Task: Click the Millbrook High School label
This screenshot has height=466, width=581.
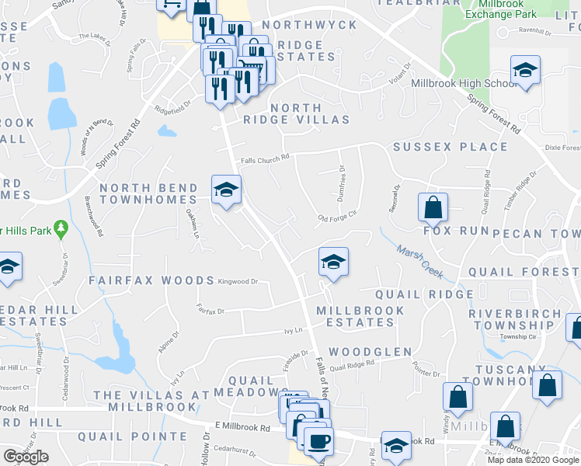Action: pyautogui.click(x=464, y=83)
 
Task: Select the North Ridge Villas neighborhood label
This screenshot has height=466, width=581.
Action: pyautogui.click(x=296, y=113)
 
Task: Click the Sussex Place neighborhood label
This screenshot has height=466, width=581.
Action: pyautogui.click(x=451, y=147)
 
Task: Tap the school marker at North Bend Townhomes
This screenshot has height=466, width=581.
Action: pyautogui.click(x=226, y=190)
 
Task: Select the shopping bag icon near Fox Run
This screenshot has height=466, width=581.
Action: pyautogui.click(x=433, y=208)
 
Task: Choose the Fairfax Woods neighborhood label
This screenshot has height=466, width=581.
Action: pyautogui.click(x=151, y=280)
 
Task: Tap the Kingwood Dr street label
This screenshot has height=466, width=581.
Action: pyautogui.click(x=238, y=282)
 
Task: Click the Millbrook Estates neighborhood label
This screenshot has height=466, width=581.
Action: pyautogui.click(x=360, y=316)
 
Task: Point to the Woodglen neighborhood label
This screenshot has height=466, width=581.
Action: pyautogui.click(x=370, y=352)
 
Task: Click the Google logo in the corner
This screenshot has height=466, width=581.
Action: pyautogui.click(x=26, y=457)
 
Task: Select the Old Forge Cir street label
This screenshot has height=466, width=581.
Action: pyautogui.click(x=337, y=218)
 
